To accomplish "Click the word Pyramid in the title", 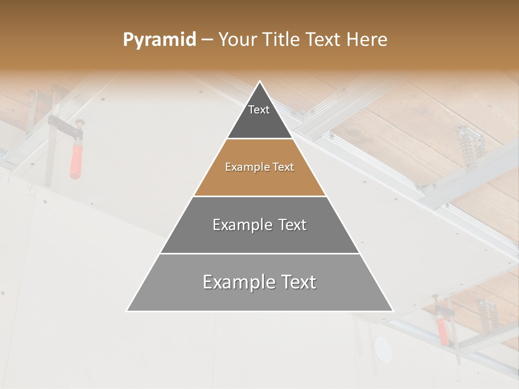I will (x=159, y=40).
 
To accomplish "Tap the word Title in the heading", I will (x=281, y=40).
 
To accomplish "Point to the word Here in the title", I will (x=367, y=40).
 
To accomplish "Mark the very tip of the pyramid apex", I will (x=260, y=82).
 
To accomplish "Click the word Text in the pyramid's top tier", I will (x=259, y=110).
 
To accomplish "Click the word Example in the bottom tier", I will (x=234, y=282).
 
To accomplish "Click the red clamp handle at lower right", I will (x=442, y=331).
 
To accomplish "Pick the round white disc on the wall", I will (x=383, y=350).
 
